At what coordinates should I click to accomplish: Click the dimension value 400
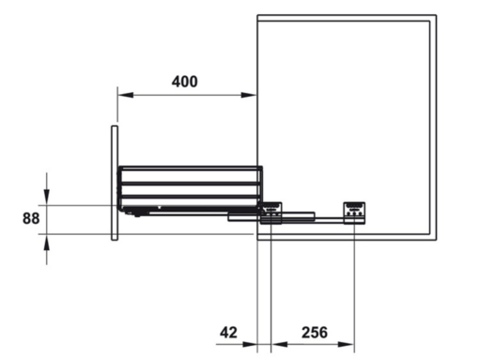[x=185, y=82]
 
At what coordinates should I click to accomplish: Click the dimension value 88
[x=31, y=218]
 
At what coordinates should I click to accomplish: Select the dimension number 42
[x=228, y=333]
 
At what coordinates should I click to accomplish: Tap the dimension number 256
[x=315, y=333]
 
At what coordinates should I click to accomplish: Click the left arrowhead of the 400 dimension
[x=126, y=95]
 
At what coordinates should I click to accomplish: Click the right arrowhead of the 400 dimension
[x=249, y=95]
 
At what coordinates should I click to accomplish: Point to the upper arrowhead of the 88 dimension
[x=47, y=196]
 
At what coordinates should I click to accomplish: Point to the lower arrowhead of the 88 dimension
[x=47, y=243]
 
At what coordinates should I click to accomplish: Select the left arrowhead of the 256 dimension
[x=279, y=344]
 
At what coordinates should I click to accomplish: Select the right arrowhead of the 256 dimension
[x=347, y=344]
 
